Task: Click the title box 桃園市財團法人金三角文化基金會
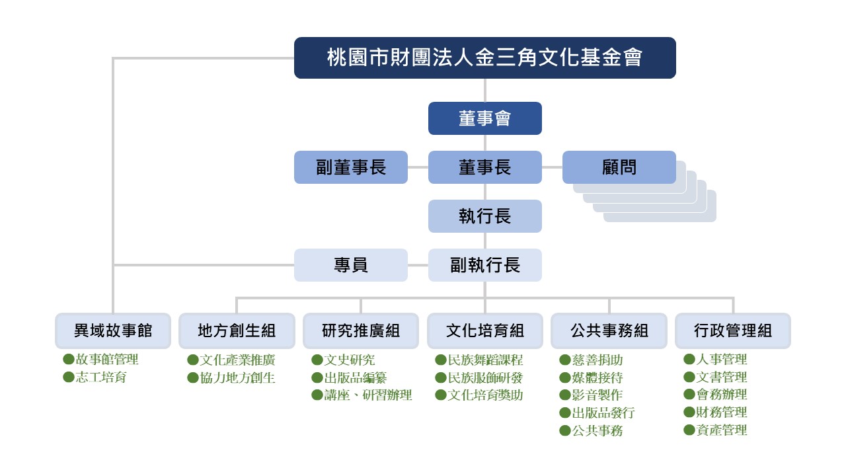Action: click(484, 58)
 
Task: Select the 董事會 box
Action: click(484, 118)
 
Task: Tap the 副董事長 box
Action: click(350, 167)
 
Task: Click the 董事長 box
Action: click(484, 167)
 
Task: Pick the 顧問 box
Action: click(619, 167)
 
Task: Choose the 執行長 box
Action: click(484, 216)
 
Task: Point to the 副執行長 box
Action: click(484, 265)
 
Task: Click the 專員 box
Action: click(350, 265)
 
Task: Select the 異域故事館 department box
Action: click(112, 331)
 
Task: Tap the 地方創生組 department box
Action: click(237, 331)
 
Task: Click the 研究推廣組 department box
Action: click(361, 331)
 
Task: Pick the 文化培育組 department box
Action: click(484, 331)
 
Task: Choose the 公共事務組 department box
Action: click(609, 331)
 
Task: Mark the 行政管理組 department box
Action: click(732, 331)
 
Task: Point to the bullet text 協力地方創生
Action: click(237, 378)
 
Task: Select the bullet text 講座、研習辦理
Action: click(367, 395)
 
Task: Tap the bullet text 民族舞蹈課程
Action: click(485, 360)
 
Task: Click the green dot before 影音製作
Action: click(565, 395)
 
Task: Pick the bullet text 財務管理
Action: click(722, 413)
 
